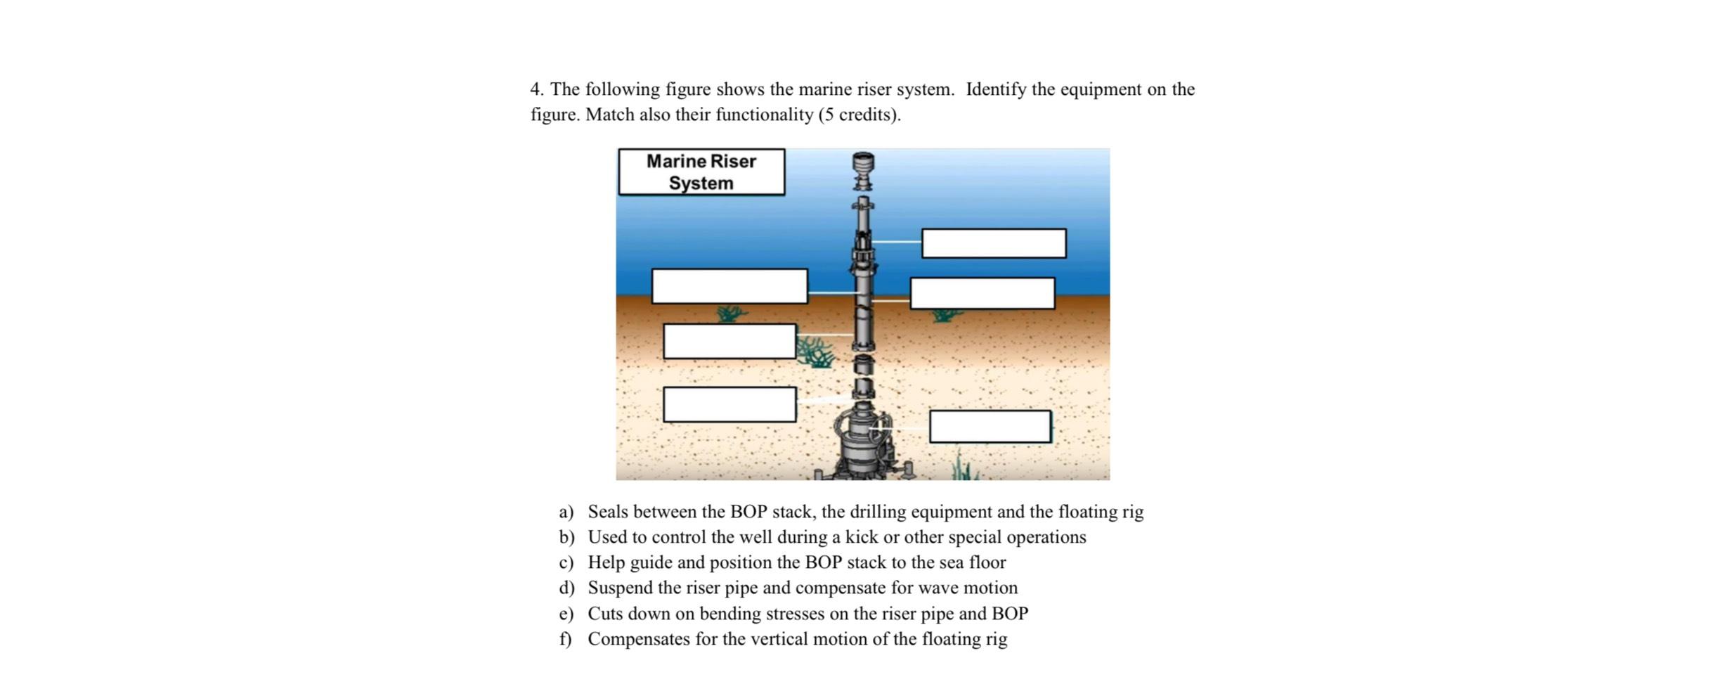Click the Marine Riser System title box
[x=701, y=172]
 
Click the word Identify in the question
[x=995, y=89]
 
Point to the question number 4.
[x=536, y=89]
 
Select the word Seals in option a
[x=608, y=512]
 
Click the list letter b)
[x=566, y=537]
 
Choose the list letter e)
[x=566, y=614]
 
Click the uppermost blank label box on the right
[x=993, y=243]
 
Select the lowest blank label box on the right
[x=990, y=427]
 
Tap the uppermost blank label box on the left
[x=729, y=286]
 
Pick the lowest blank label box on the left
[x=729, y=404]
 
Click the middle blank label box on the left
[x=729, y=341]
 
